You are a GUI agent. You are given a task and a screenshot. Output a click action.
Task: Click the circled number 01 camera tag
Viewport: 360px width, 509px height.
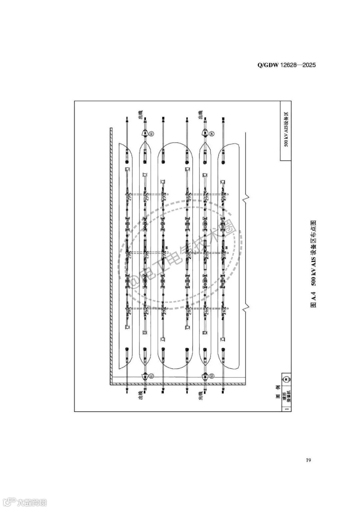pyautogui.click(x=151, y=376)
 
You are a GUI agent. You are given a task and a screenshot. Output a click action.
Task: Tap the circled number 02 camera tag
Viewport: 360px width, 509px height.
pyautogui.click(x=151, y=134)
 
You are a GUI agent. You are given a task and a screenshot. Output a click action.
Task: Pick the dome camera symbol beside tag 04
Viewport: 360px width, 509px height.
pyautogui.click(x=204, y=133)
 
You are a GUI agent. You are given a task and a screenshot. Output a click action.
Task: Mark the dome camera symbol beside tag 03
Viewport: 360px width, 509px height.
pyautogui.click(x=204, y=377)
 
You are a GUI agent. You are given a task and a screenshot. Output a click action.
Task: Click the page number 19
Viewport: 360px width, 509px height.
pyautogui.click(x=308, y=460)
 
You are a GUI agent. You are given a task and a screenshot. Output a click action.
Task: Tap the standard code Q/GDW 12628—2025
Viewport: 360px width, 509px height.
pyautogui.click(x=286, y=65)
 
